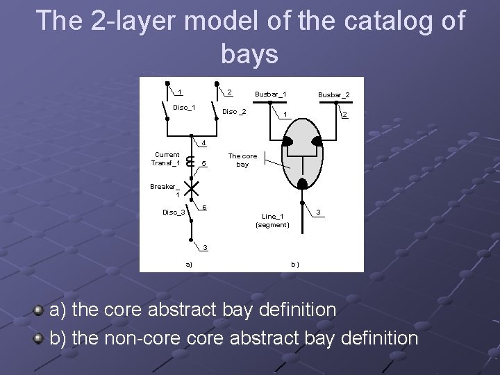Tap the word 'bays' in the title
click(250, 53)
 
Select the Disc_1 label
click(184, 107)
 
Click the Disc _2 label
click(234, 112)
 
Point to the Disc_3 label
click(173, 212)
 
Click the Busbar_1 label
click(271, 94)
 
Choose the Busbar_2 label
click(333, 94)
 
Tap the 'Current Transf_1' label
click(167, 159)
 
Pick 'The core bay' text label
click(242, 160)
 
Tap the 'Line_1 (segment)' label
click(272, 220)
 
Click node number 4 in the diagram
click(203, 144)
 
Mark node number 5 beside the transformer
click(203, 165)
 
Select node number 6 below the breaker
click(204, 207)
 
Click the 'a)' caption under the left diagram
click(189, 264)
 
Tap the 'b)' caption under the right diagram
click(294, 264)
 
